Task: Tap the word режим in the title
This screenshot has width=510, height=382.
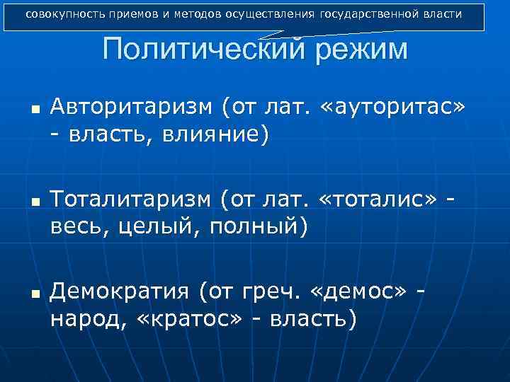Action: [361, 50]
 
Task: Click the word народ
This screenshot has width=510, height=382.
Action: [82, 318]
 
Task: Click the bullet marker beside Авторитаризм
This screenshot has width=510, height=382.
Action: [34, 111]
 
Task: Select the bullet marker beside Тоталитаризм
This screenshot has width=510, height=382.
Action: [34, 203]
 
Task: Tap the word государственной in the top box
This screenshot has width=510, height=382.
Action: [341, 15]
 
